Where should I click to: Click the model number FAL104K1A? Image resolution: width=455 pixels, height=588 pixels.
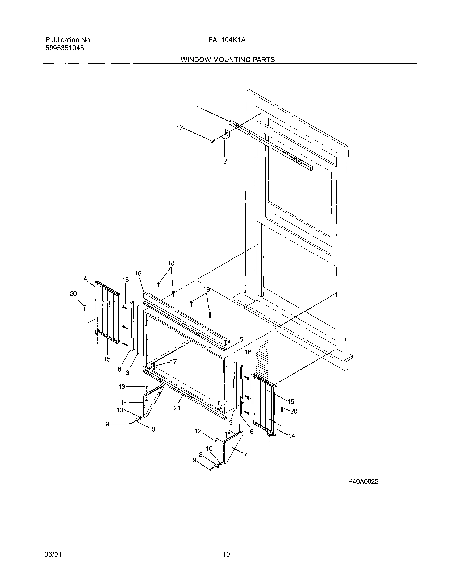(227, 40)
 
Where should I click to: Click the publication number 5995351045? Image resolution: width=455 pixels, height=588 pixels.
(65, 48)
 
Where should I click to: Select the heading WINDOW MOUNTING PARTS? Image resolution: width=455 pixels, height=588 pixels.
(228, 60)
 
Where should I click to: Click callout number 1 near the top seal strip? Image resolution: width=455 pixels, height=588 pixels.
(198, 108)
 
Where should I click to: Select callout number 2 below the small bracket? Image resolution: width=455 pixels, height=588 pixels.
(225, 161)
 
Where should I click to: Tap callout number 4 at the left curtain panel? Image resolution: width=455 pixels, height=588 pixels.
(85, 279)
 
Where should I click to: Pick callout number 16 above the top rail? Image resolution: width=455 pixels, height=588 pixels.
(138, 274)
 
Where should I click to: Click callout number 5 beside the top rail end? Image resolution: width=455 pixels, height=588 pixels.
(241, 339)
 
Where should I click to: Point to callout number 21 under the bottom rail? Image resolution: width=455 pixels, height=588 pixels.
(177, 408)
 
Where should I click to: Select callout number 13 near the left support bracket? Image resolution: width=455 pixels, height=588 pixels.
(122, 387)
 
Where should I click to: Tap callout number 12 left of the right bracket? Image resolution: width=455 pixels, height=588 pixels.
(198, 431)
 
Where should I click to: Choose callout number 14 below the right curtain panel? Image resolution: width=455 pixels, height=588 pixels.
(292, 436)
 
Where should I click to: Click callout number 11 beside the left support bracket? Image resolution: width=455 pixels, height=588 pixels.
(120, 403)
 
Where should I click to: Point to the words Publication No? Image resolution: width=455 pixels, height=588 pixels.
(68, 40)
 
